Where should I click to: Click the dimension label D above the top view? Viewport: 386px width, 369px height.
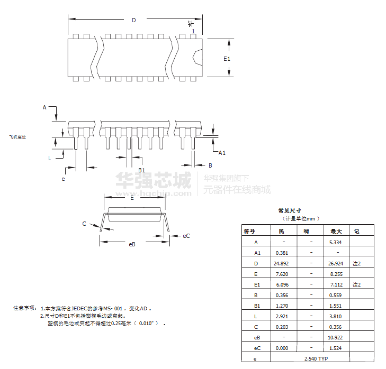pyautogui.click(x=134, y=21)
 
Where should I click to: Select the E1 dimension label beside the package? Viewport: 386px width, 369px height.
pyautogui.click(x=227, y=58)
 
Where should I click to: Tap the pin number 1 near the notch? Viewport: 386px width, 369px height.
pyautogui.click(x=194, y=32)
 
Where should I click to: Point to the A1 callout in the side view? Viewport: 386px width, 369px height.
pyautogui.click(x=222, y=153)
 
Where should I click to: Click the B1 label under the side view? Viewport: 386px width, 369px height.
pyautogui.click(x=141, y=170)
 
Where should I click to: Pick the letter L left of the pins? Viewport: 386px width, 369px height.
pyautogui.click(x=49, y=158)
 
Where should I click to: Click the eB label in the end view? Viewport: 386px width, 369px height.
pyautogui.click(x=132, y=244)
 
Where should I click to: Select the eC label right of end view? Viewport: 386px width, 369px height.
pyautogui.click(x=186, y=236)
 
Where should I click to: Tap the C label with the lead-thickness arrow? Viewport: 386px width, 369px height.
pyautogui.click(x=84, y=224)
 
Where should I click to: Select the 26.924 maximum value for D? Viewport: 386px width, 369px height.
pyautogui.click(x=336, y=263)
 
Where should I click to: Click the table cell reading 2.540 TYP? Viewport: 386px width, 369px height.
pyautogui.click(x=316, y=359)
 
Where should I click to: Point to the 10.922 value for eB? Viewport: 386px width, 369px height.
pyautogui.click(x=336, y=337)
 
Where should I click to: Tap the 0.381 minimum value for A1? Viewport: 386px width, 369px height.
pyautogui.click(x=282, y=253)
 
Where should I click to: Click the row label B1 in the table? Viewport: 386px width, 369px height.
pyautogui.click(x=257, y=306)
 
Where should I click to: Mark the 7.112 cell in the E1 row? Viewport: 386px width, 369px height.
pyautogui.click(x=336, y=284)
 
